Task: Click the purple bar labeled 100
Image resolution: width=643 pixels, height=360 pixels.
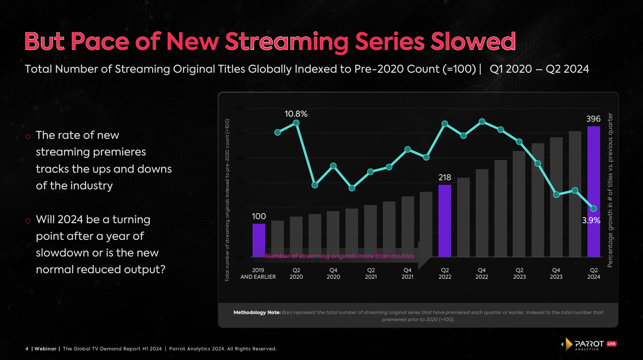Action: [259, 240]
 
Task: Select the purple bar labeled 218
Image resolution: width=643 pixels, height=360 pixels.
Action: [444, 221]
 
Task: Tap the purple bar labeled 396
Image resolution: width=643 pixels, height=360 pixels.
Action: [593, 192]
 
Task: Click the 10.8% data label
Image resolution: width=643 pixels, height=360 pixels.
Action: [296, 114]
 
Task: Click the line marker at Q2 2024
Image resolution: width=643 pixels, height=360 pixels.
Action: [593, 209]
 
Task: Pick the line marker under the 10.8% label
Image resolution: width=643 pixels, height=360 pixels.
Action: [296, 123]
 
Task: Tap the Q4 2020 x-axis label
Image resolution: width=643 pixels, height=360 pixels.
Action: [333, 273]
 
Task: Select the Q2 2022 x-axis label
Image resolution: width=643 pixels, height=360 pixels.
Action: [445, 273]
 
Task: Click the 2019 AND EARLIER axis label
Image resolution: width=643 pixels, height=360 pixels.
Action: [258, 273]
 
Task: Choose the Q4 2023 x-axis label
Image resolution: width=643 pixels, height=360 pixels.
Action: [556, 273]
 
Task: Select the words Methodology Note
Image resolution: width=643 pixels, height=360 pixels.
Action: [257, 313]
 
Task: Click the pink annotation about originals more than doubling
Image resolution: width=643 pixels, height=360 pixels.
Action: [339, 256]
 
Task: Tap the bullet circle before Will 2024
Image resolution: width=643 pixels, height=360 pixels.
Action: [28, 221]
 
